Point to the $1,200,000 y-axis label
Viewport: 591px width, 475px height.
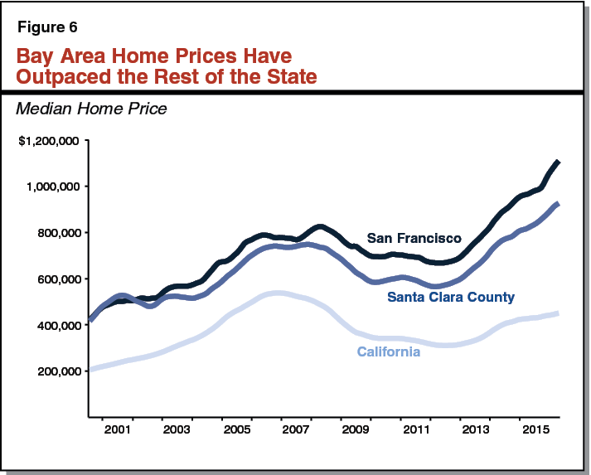pos(49,140)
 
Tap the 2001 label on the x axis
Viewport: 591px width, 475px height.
pos(118,432)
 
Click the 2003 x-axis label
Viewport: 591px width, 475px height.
pos(177,432)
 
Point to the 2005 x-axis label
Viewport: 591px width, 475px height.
pos(236,432)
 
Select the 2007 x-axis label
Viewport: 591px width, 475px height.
pos(296,432)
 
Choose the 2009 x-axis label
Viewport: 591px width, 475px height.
pos(355,432)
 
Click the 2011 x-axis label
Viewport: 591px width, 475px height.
pos(414,432)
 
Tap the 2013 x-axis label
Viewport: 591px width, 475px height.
pos(473,432)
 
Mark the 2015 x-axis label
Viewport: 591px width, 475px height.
pos(532,432)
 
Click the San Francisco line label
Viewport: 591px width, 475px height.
pos(414,239)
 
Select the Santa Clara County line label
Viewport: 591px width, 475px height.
pos(451,297)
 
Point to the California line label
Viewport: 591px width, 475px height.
pos(388,352)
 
